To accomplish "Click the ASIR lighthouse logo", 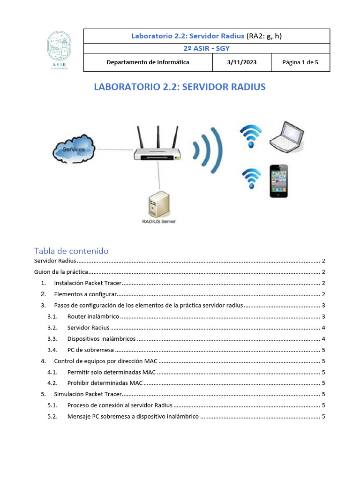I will coord(60,50).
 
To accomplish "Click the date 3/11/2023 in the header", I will coord(242,62).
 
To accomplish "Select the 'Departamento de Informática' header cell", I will coord(148,62).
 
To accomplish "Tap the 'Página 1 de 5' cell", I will coord(300,62).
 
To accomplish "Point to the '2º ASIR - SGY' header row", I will coord(206,48).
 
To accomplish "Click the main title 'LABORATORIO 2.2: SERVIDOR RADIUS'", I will coord(180,87).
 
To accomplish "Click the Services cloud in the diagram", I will coord(74,149).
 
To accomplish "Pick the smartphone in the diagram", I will coord(278,180).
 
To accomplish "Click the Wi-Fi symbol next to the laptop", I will coord(251,136).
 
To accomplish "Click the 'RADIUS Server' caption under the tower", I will coord(158,221).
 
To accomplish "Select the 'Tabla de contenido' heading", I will coord(71,251).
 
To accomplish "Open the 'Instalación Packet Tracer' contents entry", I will coord(88,283).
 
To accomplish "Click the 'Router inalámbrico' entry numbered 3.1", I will coord(93,317).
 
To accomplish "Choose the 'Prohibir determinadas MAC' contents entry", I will coord(105,383).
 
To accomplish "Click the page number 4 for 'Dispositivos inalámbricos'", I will coord(323,339).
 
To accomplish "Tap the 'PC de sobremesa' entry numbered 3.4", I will coord(90,350).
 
